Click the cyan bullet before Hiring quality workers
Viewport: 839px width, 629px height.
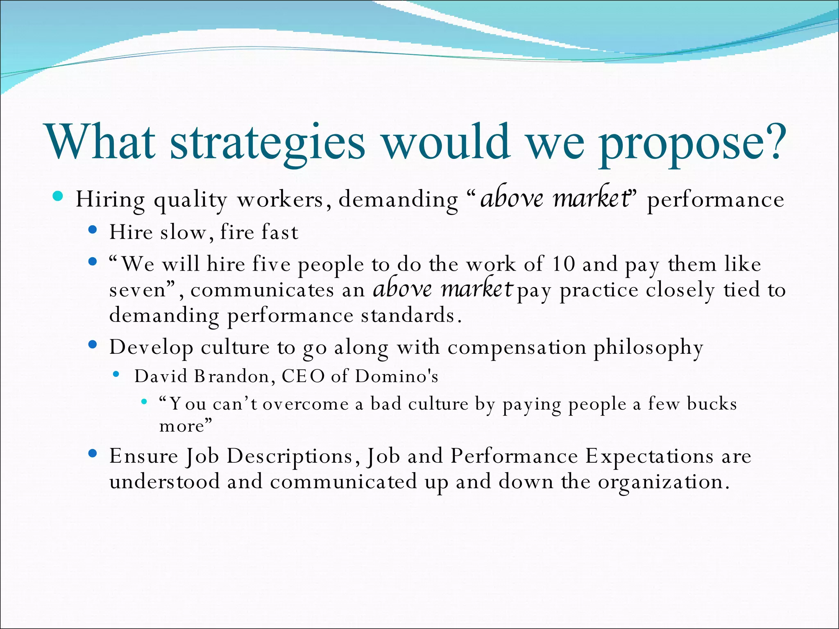(x=58, y=197)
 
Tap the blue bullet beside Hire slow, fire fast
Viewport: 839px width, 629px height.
(x=93, y=230)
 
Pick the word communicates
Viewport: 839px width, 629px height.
(x=262, y=290)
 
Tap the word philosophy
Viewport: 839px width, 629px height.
(x=648, y=348)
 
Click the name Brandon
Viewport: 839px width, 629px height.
(x=232, y=376)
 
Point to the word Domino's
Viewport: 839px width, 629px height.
(x=396, y=376)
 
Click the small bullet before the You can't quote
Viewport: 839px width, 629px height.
(x=144, y=402)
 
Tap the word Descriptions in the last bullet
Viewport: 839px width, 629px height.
(x=290, y=456)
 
